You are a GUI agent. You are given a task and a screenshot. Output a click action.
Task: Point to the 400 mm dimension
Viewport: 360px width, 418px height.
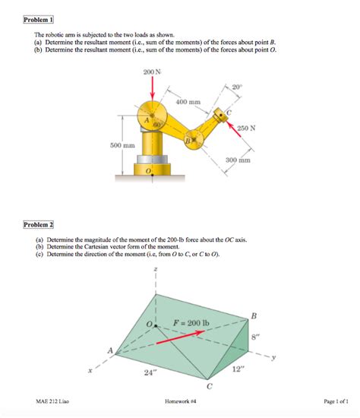click(x=188, y=101)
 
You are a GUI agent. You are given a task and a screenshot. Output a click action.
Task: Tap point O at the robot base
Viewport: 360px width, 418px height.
click(x=149, y=172)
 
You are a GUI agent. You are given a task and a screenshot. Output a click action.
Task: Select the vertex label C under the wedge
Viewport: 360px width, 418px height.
click(x=209, y=387)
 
